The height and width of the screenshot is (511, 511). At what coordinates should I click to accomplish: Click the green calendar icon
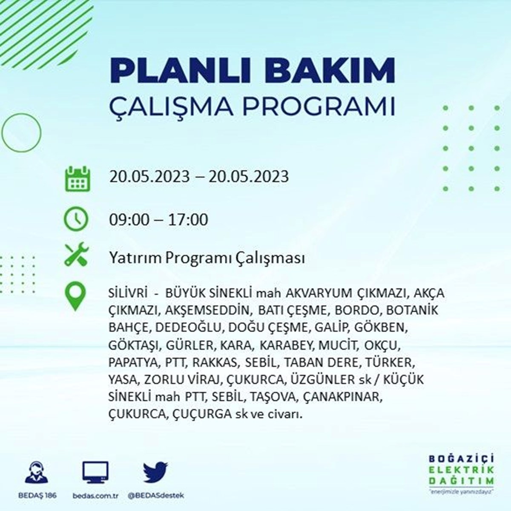click(78, 178)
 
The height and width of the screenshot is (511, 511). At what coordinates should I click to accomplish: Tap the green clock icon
click(76, 219)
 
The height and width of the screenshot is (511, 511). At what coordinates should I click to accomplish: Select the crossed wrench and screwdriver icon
click(77, 254)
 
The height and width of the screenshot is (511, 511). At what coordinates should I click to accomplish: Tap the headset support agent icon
click(37, 473)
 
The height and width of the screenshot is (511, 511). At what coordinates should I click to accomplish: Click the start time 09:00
click(129, 220)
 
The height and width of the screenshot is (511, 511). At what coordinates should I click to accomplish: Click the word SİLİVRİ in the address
click(128, 293)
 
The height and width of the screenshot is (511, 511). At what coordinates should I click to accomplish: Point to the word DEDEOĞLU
click(188, 327)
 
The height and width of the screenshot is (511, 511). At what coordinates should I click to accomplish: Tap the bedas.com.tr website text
click(95, 496)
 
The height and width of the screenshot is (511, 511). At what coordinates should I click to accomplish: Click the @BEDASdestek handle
click(156, 496)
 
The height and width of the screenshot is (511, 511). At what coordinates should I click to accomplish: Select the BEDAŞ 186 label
click(37, 495)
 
